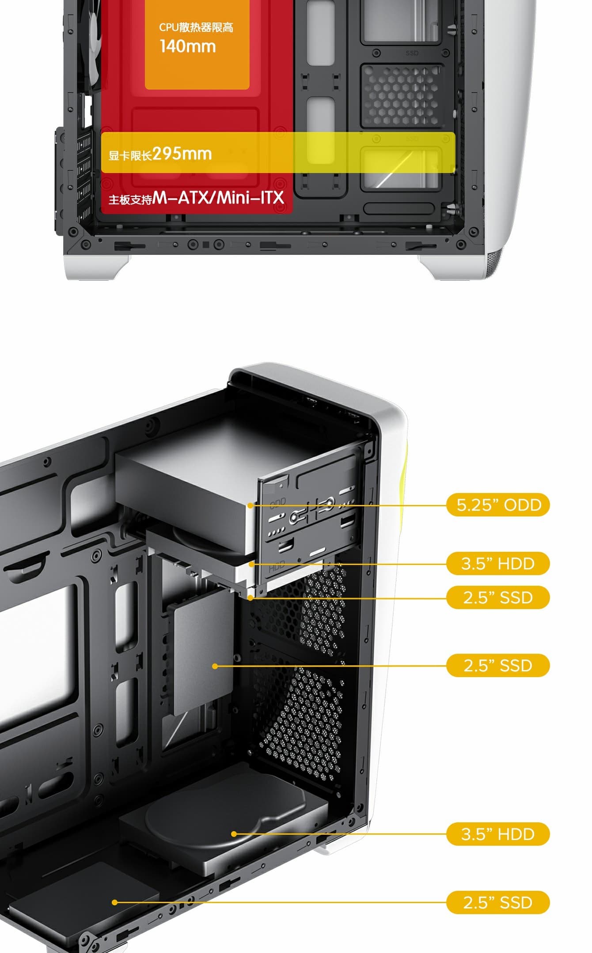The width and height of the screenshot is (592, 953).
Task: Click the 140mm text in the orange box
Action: (x=188, y=46)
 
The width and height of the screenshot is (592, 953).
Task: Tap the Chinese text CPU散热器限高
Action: (x=196, y=27)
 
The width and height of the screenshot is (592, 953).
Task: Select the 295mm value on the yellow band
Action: (x=182, y=154)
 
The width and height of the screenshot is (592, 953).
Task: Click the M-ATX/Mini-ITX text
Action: (x=218, y=198)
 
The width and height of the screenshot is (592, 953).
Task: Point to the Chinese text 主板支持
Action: (x=130, y=200)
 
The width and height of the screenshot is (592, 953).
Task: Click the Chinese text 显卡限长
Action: (x=130, y=155)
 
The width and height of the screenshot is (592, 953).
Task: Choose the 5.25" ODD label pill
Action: (x=498, y=505)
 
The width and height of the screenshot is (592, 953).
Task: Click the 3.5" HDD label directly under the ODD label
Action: (x=498, y=564)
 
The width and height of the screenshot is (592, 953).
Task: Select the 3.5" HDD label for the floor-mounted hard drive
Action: (x=498, y=834)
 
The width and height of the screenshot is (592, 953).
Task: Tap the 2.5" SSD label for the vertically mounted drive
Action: (x=498, y=665)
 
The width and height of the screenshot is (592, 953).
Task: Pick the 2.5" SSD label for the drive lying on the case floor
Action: (x=498, y=903)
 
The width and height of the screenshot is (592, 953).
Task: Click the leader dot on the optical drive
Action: (x=250, y=505)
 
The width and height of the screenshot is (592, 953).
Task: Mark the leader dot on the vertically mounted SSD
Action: (x=215, y=666)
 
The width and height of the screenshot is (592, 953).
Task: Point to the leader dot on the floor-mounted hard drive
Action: (x=234, y=834)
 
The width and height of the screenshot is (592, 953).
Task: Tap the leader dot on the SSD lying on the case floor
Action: (x=115, y=903)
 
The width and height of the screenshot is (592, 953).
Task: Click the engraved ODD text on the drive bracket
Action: (x=278, y=503)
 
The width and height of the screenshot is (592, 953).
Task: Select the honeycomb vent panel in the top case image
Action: (x=401, y=96)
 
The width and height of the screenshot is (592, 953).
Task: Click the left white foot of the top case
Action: (x=96, y=267)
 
